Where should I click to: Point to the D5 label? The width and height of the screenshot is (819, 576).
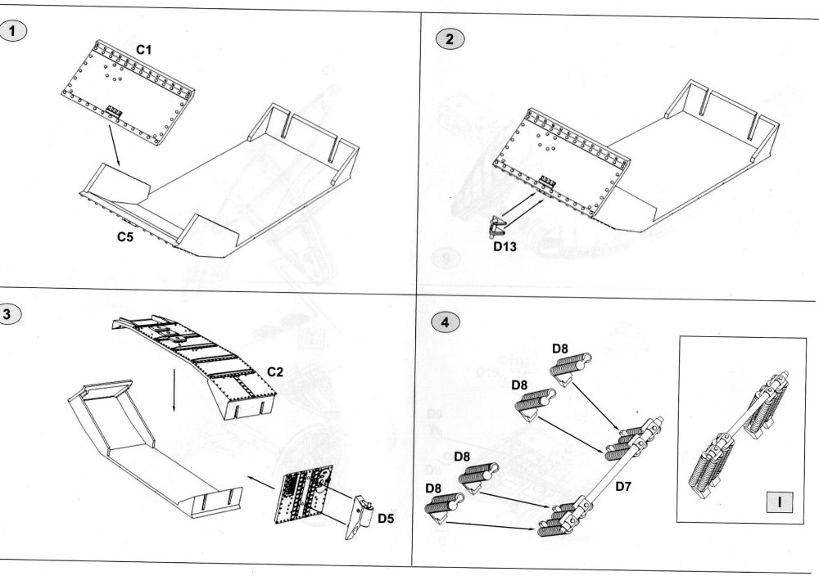pyautogui.click(x=386, y=517)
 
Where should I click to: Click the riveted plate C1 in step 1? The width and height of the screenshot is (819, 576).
pyautogui.click(x=132, y=95)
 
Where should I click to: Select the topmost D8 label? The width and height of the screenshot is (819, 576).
pyautogui.click(x=560, y=349)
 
